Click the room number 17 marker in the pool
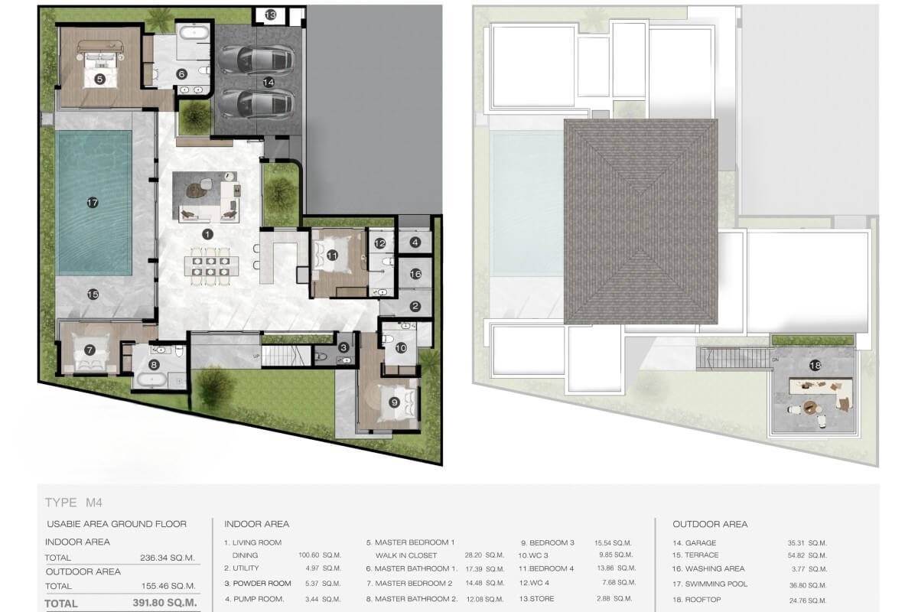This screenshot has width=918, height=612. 93,203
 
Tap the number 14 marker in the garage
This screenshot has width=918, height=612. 269,83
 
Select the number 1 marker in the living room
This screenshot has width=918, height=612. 208,234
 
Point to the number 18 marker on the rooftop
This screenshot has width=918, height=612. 815,365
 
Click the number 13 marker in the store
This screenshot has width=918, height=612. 271,15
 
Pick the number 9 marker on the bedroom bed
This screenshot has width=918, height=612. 394,402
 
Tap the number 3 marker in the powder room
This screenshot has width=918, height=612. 343,347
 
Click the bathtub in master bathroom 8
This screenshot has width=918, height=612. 151,379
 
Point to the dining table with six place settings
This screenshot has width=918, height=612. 211,266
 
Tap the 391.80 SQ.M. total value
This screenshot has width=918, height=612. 164,603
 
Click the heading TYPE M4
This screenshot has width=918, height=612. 73,503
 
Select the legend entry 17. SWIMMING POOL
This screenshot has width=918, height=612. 710,584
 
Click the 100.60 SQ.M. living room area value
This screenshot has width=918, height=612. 320,555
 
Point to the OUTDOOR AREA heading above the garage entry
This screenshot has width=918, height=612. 710,524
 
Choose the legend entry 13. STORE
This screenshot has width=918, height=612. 536,598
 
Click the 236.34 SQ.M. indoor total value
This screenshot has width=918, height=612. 168,558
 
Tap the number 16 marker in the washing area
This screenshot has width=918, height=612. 415,273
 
